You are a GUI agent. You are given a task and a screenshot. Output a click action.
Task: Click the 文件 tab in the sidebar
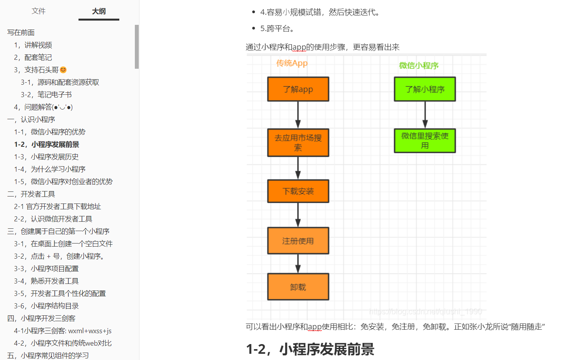tap(38, 11)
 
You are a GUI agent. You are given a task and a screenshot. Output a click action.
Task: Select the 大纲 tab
tap(99, 11)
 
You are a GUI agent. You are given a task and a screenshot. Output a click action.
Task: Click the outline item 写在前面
tap(21, 33)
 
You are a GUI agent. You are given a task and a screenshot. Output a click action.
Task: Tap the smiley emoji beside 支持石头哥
tap(63, 70)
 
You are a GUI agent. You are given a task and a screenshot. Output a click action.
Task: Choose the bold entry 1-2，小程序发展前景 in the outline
tap(47, 144)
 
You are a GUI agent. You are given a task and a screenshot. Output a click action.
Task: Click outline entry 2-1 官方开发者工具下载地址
tap(58, 207)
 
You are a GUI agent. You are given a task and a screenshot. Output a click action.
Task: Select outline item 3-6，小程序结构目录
tap(46, 306)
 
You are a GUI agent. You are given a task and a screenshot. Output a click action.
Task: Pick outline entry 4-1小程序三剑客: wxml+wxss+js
tap(63, 331)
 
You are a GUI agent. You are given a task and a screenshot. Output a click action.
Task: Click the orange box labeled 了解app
tap(298, 89)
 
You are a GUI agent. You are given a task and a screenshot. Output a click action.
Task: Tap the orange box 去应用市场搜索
tap(298, 143)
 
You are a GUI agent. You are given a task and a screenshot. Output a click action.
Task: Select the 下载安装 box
tap(298, 191)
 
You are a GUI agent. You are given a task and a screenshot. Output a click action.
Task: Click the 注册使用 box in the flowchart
tap(298, 241)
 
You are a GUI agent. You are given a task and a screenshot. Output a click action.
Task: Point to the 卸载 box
tap(298, 287)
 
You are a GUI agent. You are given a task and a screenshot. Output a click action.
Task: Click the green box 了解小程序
tap(425, 89)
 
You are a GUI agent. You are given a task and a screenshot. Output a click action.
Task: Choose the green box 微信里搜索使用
tap(425, 141)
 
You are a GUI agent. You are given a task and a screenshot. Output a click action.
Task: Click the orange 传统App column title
tap(292, 63)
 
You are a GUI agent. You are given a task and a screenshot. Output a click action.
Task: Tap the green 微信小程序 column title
tap(419, 66)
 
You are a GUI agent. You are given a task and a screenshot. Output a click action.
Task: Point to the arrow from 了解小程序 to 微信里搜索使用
tap(425, 115)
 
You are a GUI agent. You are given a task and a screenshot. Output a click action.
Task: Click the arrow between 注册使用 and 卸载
tap(298, 264)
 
